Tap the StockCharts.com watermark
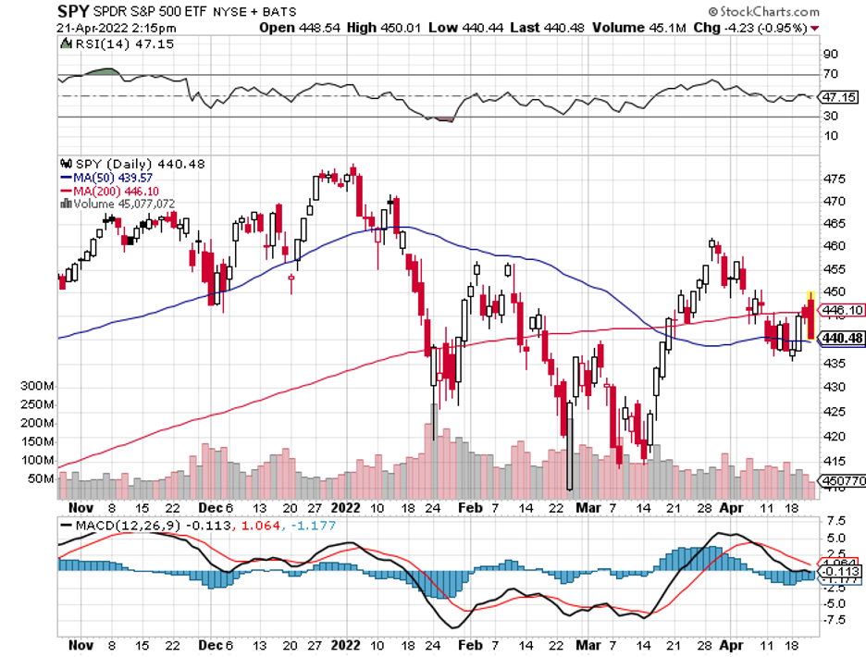click(x=767, y=12)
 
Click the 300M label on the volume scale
click(x=38, y=385)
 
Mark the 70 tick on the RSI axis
click(x=830, y=74)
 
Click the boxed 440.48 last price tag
click(x=843, y=339)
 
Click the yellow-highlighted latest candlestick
click(x=810, y=316)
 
